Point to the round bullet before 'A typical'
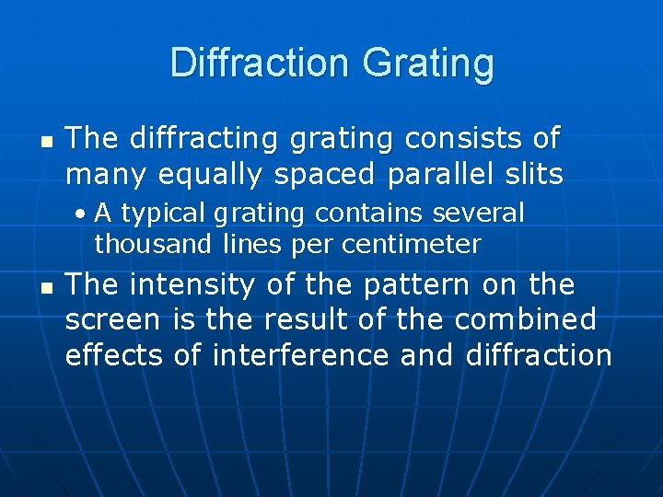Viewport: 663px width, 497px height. pyautogui.click(x=83, y=214)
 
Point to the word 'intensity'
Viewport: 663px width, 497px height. pyautogui.click(x=192, y=286)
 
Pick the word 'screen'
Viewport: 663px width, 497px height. pyautogui.click(x=110, y=321)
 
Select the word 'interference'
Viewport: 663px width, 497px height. pyautogui.click(x=299, y=355)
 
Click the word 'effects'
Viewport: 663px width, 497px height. pyautogui.click(x=111, y=355)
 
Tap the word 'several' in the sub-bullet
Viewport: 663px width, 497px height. pyautogui.click(x=478, y=214)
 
